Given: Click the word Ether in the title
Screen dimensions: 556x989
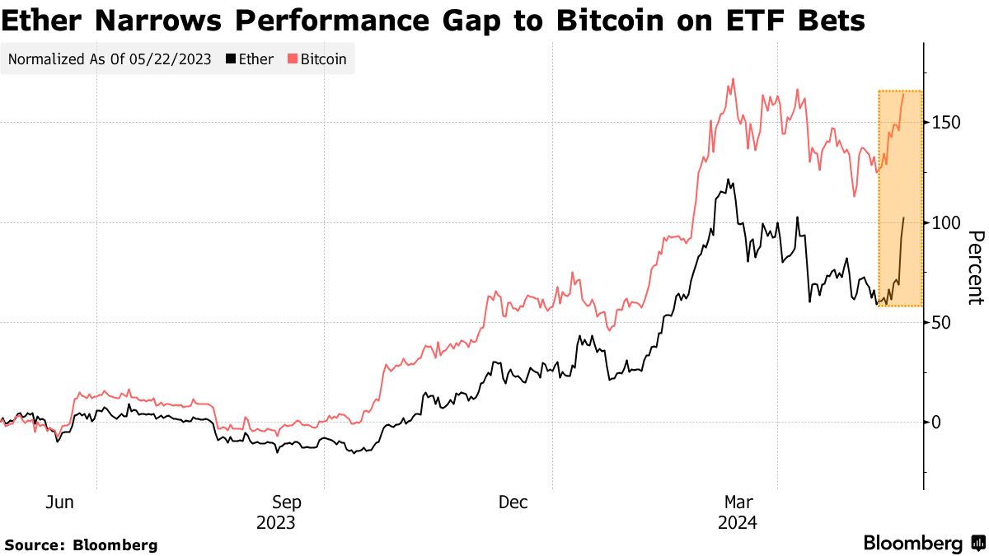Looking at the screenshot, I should tap(42, 20).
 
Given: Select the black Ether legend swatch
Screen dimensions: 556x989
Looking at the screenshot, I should tap(231, 59).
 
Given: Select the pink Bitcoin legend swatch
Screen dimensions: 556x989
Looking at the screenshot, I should tap(293, 59).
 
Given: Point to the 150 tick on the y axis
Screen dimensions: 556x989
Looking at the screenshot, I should tap(945, 122).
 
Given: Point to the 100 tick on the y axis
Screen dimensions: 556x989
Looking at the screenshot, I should tap(945, 222).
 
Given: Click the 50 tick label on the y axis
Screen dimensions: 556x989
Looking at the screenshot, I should tap(941, 322).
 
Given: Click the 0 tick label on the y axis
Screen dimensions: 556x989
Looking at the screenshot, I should tap(937, 422).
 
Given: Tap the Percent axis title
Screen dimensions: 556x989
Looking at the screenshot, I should tap(974, 268).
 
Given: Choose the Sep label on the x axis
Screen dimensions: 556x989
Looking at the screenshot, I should tap(287, 502).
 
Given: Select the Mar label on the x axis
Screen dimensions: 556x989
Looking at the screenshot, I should tap(738, 502).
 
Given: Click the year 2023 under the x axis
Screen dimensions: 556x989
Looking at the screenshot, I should tap(276, 522).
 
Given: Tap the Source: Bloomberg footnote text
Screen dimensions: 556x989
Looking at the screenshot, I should tap(81, 544).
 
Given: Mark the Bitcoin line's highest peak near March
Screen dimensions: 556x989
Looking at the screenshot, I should tap(733, 80).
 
